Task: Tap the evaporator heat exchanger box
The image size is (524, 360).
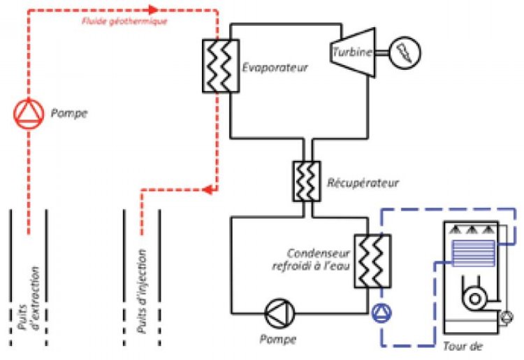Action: [x=219, y=66]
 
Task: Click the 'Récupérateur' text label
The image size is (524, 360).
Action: [x=362, y=184]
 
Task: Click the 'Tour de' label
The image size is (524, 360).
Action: [x=464, y=346]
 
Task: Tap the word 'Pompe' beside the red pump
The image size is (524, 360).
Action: [x=69, y=113]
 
